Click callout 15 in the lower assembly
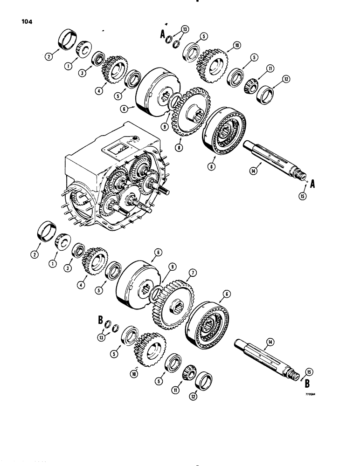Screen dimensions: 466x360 307,371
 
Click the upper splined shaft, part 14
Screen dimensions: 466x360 270,158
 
